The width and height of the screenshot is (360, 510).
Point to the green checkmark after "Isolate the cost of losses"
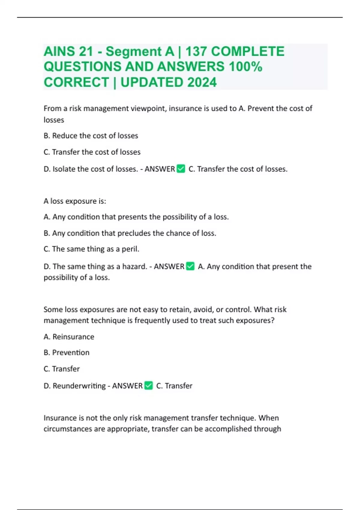point(181,169)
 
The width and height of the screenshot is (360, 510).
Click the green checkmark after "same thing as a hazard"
point(190,266)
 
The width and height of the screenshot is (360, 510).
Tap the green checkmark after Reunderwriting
point(148,385)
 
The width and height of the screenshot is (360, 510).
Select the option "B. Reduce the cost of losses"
point(91,136)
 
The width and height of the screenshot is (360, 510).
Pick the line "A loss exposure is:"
point(75,201)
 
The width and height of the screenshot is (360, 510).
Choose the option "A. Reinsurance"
point(69,337)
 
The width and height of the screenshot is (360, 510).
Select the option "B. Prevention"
point(67,352)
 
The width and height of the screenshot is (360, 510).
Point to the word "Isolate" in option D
point(64,169)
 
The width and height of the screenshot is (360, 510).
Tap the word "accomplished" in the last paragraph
point(228,429)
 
